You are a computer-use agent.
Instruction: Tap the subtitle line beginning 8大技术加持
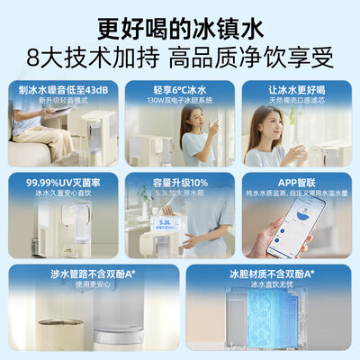click(180, 56)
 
